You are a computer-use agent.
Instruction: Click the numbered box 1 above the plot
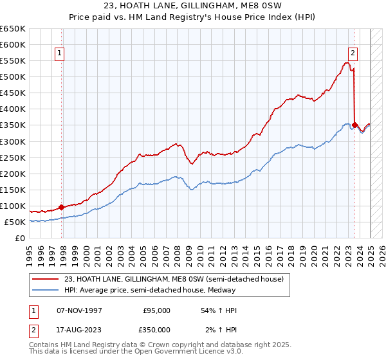click(59, 53)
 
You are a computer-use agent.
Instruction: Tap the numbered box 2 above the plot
click(353, 53)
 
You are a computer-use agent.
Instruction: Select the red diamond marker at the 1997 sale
click(62, 207)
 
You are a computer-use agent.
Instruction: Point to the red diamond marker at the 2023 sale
click(355, 125)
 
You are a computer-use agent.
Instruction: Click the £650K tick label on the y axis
click(13, 29)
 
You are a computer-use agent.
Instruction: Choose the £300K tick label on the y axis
click(13, 141)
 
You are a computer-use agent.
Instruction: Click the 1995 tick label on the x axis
click(29, 251)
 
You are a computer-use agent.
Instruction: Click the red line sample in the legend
click(46, 278)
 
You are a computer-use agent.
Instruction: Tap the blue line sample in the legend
click(46, 289)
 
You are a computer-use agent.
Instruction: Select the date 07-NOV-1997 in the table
click(79, 310)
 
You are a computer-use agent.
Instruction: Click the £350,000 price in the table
click(155, 330)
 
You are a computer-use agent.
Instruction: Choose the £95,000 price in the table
click(157, 310)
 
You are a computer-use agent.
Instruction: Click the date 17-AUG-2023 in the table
click(79, 330)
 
